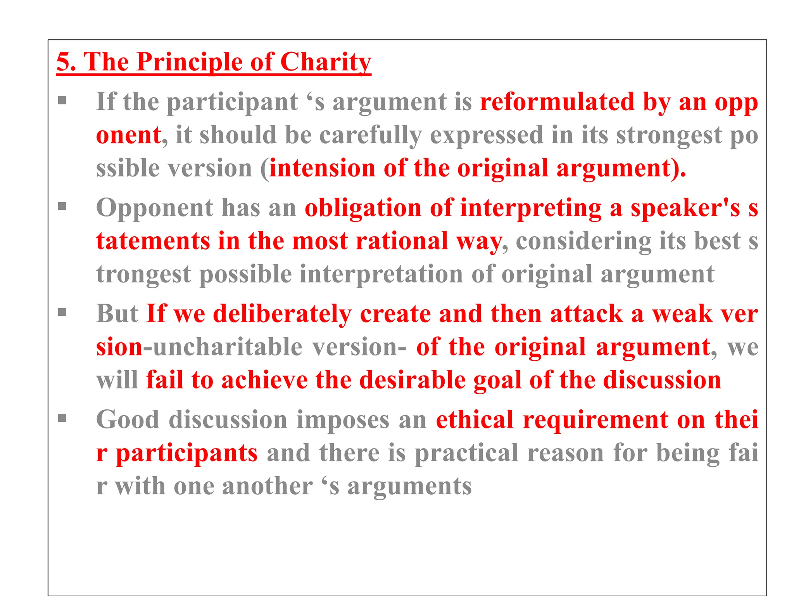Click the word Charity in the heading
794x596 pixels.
point(325,62)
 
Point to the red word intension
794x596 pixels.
point(322,168)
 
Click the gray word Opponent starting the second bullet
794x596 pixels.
point(155,208)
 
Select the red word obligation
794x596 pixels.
point(363,208)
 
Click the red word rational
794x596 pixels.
point(402,241)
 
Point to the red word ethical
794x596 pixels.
point(475,419)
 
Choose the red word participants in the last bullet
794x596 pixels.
point(186,453)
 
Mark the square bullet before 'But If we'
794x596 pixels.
point(62,312)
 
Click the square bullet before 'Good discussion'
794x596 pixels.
point(62,418)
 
